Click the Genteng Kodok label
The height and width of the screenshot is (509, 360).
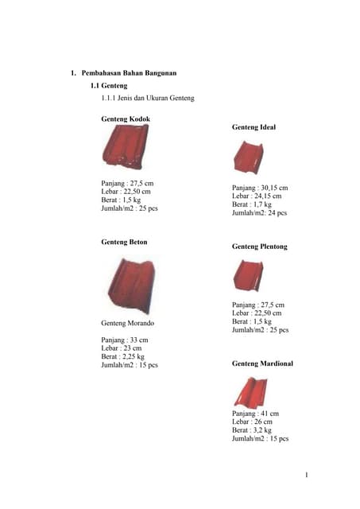[x=126, y=119]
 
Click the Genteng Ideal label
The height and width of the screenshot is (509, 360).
[x=254, y=126]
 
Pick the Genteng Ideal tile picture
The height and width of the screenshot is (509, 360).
[x=248, y=157]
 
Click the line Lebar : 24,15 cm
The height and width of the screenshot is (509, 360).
[x=256, y=196]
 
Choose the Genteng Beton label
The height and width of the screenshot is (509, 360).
[x=124, y=241]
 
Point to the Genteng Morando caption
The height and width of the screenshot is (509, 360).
[x=128, y=324]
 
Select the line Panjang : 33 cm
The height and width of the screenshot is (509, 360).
[x=123, y=340]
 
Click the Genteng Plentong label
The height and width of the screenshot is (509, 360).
[x=259, y=247]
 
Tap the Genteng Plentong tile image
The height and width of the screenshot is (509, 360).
[x=247, y=276]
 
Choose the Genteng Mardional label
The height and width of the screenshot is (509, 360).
[x=262, y=363]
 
